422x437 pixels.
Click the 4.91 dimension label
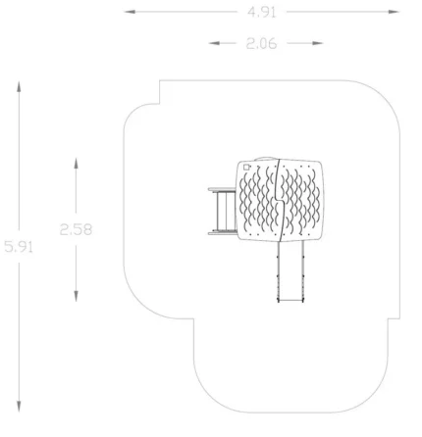tap(262, 13)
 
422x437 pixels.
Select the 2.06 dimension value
tap(261, 43)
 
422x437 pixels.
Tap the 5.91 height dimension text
tap(19, 247)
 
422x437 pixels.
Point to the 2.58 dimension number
tap(76, 229)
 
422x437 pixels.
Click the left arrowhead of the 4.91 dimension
tap(130, 12)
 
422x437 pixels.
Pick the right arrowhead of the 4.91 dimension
tap(394, 12)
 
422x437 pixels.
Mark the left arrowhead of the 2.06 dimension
tap(214, 43)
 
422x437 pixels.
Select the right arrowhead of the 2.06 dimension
tap(318, 43)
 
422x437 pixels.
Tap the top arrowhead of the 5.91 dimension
tap(19, 86)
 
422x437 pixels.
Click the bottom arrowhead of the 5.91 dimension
tap(19, 407)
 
